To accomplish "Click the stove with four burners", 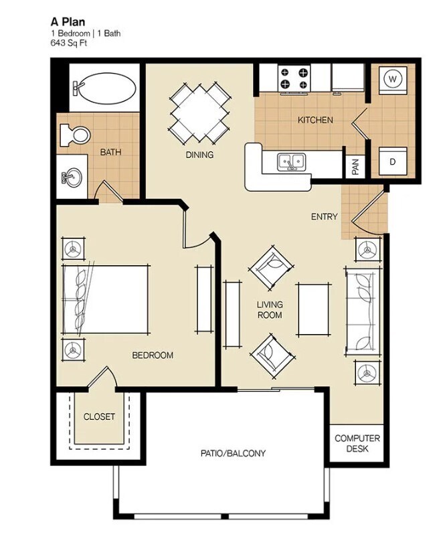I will [294, 78].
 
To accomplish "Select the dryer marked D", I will [393, 161].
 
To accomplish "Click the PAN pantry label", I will [355, 167].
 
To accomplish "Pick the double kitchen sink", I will [292, 161].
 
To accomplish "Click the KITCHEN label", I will [315, 121].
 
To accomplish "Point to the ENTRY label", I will [324, 217].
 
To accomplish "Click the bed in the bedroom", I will [105, 299].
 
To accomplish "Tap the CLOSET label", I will [99, 416].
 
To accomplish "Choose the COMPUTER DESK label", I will [357, 443].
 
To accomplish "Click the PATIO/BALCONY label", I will [233, 453].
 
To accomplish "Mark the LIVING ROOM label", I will [269, 310].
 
